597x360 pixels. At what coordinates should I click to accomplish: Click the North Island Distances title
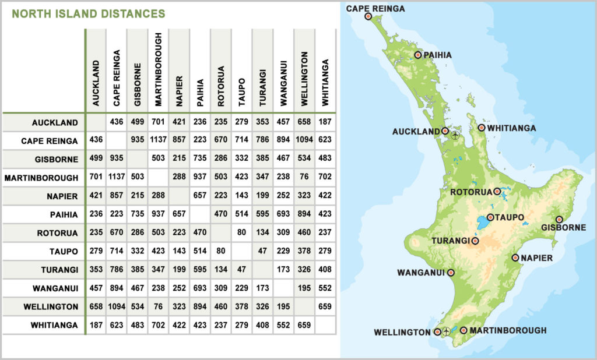(x=88, y=13)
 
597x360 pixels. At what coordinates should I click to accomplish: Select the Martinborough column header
(x=159, y=69)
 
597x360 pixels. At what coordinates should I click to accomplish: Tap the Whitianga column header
(x=325, y=82)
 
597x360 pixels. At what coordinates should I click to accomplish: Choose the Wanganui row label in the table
(x=54, y=288)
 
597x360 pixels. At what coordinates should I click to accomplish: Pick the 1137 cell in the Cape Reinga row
(x=159, y=141)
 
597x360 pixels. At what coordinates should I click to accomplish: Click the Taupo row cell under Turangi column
(x=262, y=251)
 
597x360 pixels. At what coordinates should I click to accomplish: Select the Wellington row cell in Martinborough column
(x=159, y=306)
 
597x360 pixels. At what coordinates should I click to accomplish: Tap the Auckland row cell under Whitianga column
(x=325, y=122)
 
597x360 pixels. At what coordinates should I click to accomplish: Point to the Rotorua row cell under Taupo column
(x=241, y=233)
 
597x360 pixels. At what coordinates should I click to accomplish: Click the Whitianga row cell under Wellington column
(x=304, y=325)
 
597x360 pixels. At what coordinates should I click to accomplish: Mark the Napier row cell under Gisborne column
(x=138, y=196)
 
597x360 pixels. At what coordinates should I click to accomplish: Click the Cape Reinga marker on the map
(x=368, y=16)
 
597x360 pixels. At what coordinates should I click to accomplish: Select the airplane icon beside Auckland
(x=455, y=135)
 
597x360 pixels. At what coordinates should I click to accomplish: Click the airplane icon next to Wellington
(x=447, y=331)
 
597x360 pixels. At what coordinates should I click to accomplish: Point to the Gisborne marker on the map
(x=559, y=220)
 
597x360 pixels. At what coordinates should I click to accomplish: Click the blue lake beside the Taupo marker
(x=482, y=223)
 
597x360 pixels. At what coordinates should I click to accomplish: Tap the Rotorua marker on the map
(x=497, y=191)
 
